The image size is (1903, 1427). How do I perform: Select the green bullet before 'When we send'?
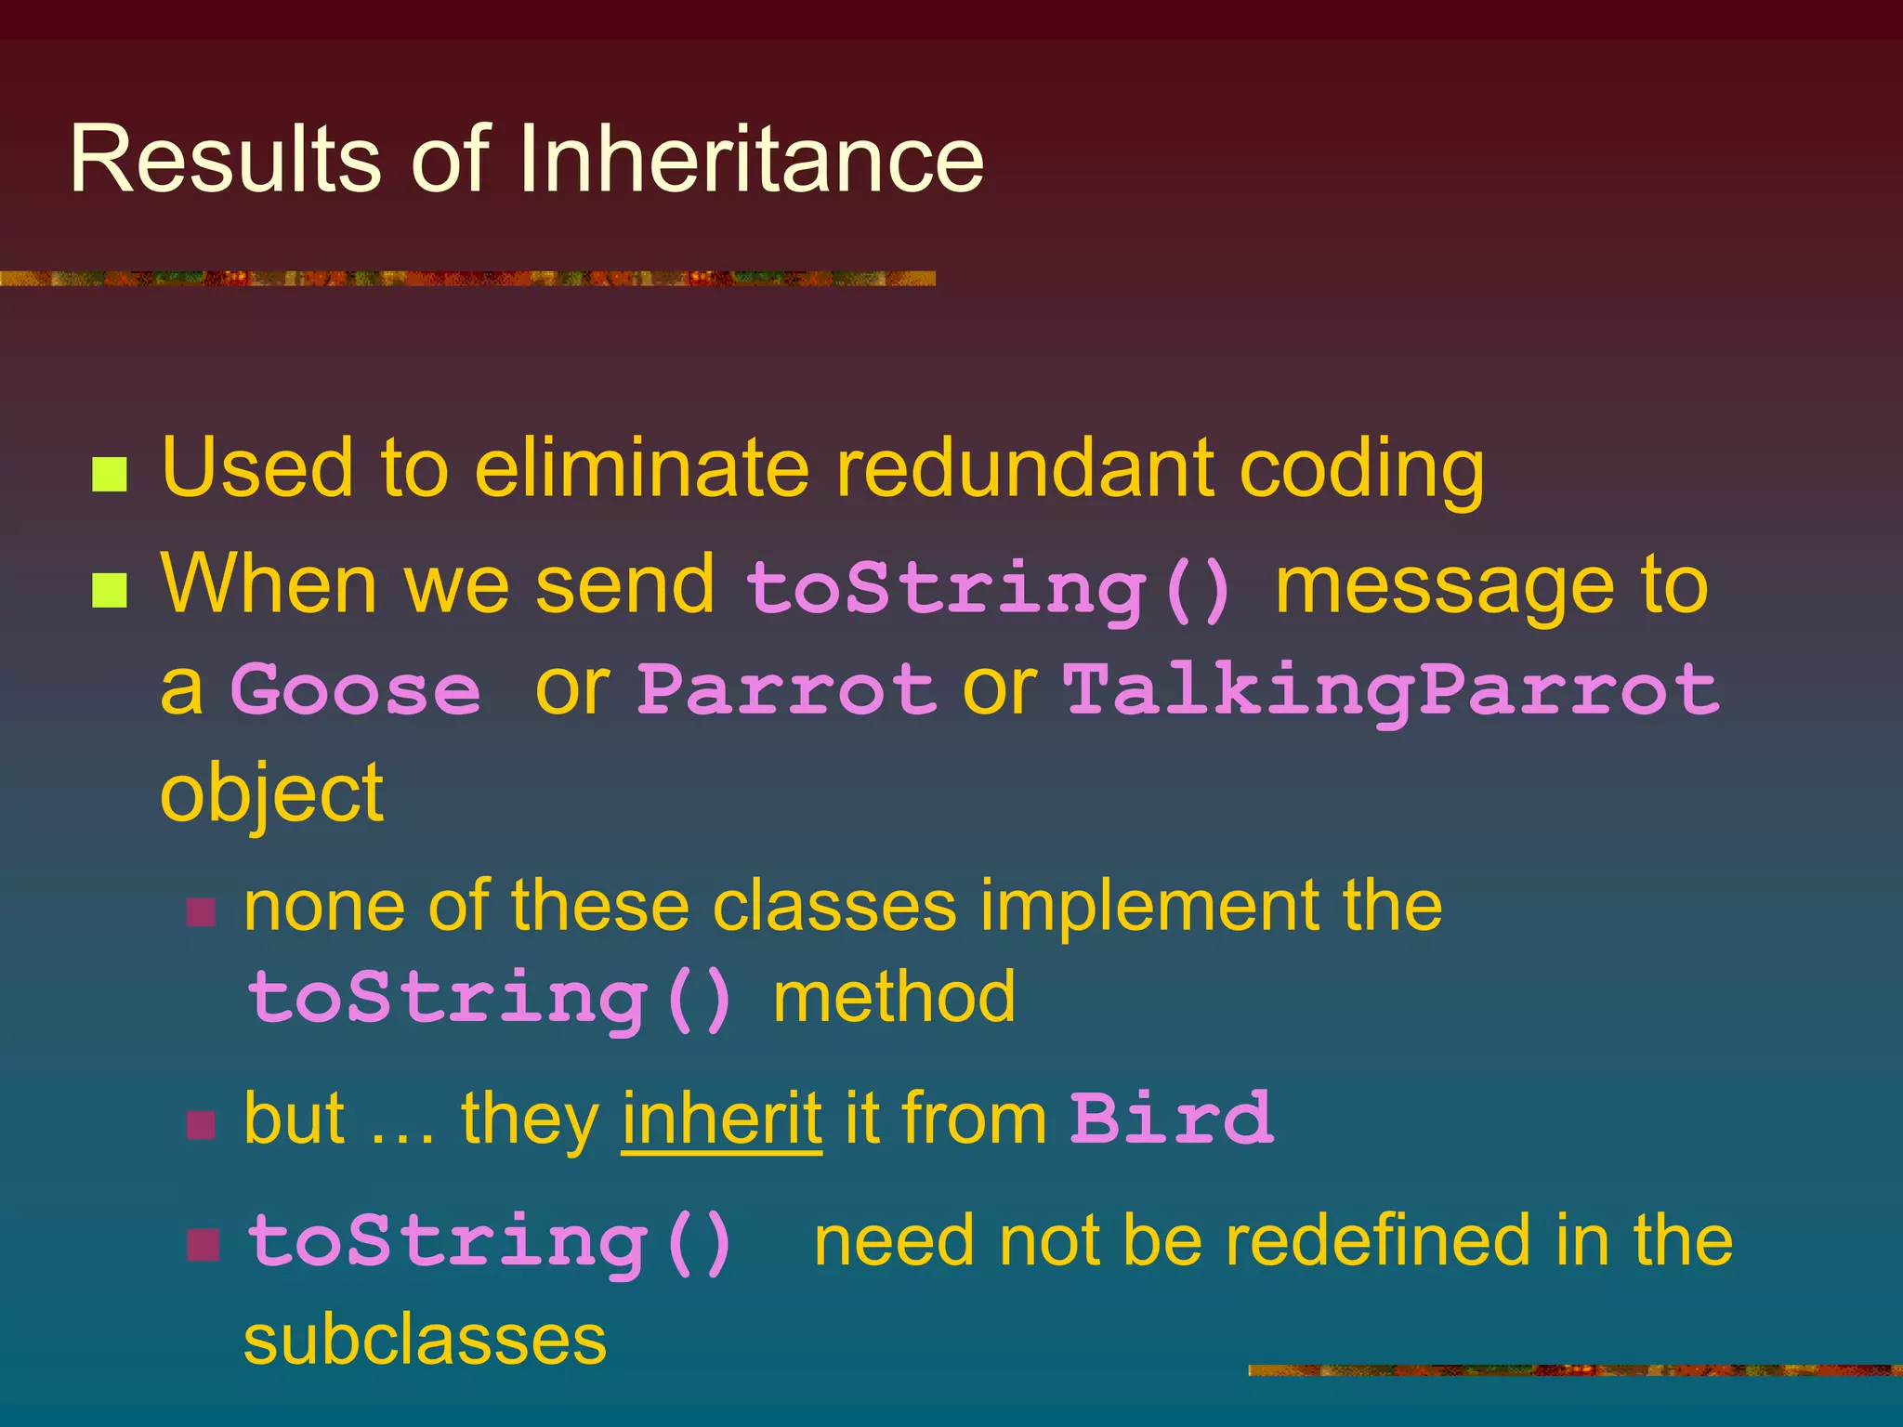coord(110,590)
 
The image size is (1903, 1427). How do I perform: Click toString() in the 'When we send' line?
coord(990,589)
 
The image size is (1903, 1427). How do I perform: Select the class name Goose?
coord(355,690)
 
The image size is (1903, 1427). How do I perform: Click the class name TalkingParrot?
coord(1391,690)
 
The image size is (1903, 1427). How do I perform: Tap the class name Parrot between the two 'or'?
coord(786,690)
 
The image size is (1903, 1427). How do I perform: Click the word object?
coord(271,795)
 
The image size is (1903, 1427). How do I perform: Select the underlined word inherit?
coord(721,1119)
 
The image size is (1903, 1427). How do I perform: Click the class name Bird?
coord(1171,1119)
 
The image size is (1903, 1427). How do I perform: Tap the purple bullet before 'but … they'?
coord(202,1125)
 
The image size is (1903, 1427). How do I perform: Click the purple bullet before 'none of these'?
coord(202,912)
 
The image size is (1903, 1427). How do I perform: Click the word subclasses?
coord(425,1341)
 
